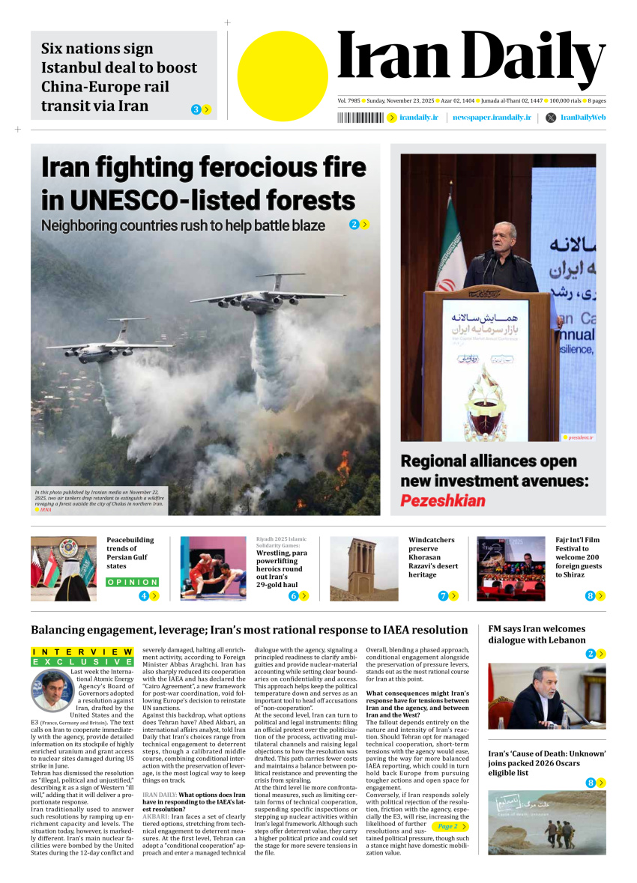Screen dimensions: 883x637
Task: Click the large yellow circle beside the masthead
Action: point(283,76)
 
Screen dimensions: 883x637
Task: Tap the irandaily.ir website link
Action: point(418,118)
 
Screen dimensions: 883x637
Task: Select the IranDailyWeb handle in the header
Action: point(582,118)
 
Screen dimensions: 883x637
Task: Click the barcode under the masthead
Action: point(360,118)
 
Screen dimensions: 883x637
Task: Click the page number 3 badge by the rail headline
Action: point(196,109)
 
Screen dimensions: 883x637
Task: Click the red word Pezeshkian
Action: point(443,500)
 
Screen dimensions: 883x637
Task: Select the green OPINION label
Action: point(133,582)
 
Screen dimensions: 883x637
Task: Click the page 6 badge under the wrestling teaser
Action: point(294,596)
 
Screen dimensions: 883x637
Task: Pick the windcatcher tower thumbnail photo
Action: point(363,568)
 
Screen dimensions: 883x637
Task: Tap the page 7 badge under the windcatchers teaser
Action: point(443,596)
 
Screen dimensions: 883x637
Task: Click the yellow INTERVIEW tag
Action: point(82,652)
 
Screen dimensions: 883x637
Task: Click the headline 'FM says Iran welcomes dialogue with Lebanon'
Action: point(537,634)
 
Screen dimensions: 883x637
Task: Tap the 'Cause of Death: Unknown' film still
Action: point(546,822)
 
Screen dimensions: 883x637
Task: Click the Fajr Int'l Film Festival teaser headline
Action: point(578,557)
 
